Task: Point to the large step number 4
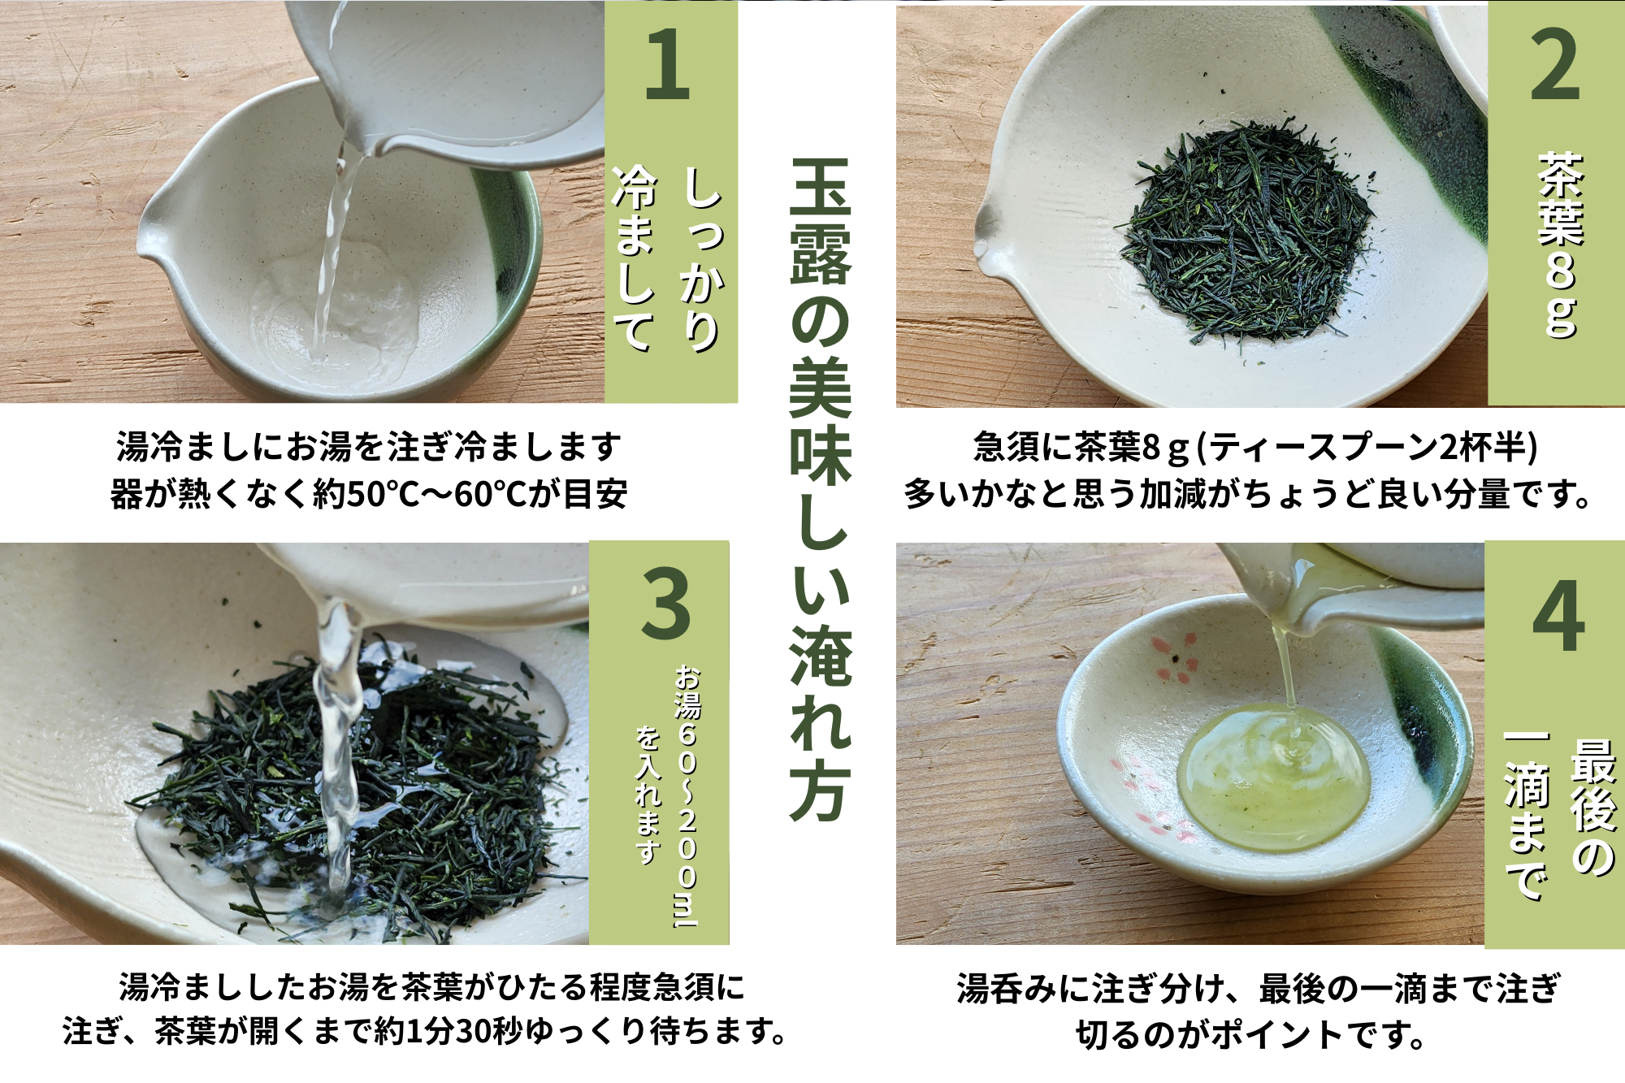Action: coord(1558,615)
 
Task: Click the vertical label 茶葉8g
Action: coord(1560,244)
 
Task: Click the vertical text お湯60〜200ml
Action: coord(687,796)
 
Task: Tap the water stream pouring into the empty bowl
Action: coord(333,252)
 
